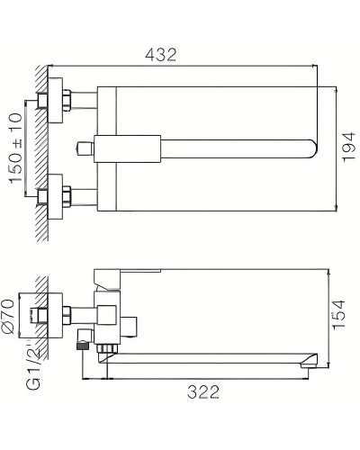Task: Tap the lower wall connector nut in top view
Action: (64, 193)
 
